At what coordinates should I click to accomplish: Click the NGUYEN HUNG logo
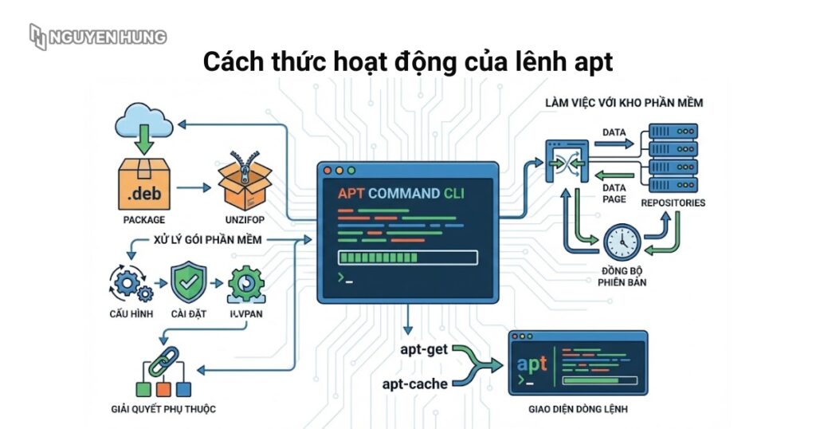97,37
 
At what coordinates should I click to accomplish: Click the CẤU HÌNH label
131,313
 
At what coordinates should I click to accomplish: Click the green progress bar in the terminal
407,258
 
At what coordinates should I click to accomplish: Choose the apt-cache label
414,384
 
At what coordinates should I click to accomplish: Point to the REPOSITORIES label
673,203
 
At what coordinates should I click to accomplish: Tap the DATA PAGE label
614,192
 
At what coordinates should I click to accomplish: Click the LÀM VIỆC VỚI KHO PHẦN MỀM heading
624,103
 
